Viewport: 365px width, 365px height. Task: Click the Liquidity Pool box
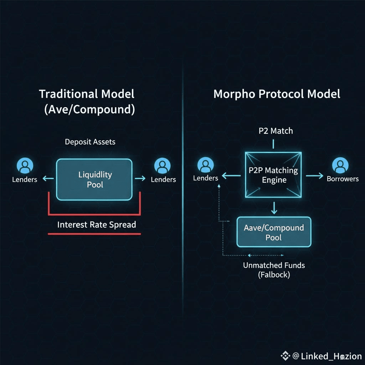coord(94,179)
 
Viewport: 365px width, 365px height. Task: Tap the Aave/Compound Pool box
coord(274,232)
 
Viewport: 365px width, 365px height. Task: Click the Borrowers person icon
coord(340,166)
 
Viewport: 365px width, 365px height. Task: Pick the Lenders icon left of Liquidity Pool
coord(25,166)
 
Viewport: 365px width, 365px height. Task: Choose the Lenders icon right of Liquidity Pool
coord(162,166)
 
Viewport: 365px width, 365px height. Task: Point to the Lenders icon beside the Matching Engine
coord(205,165)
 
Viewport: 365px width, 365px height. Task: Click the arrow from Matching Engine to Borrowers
coord(314,176)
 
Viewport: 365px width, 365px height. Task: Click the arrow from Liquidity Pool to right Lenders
coord(140,178)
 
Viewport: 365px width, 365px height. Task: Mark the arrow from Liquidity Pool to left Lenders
coord(48,179)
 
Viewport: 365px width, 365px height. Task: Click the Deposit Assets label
coord(90,142)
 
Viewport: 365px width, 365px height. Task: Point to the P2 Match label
coord(276,131)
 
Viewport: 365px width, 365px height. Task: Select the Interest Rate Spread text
coord(97,225)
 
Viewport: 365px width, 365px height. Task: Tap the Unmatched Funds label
coord(274,265)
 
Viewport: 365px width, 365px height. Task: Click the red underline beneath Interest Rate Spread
coord(94,234)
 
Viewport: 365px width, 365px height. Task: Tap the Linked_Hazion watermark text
coord(331,356)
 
